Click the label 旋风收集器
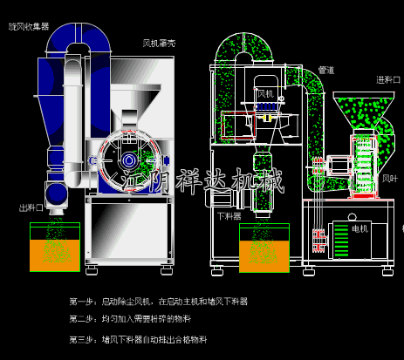[29, 26]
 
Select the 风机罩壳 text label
[159, 43]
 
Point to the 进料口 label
[387, 79]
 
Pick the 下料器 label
[229, 215]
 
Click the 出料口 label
[31, 208]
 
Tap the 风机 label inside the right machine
[265, 92]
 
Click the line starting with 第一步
[158, 301]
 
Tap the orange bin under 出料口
[55, 253]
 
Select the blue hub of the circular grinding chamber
[129, 160]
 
